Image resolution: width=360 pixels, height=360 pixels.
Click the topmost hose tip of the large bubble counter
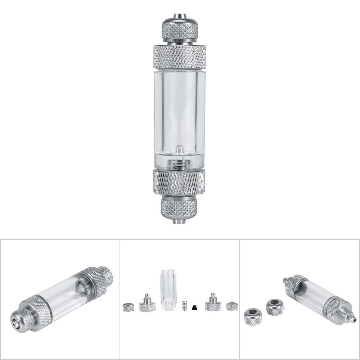click(179, 16)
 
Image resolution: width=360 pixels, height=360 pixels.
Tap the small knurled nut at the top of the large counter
click(179, 31)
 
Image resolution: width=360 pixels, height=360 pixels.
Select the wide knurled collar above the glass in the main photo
click(179, 57)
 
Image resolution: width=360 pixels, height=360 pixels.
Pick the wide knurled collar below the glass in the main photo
click(179, 183)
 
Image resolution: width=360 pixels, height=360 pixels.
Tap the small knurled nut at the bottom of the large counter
click(179, 208)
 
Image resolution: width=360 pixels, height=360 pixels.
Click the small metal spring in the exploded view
click(185, 306)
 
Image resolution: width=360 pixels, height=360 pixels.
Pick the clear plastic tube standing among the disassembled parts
click(166, 290)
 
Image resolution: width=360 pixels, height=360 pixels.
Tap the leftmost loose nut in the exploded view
click(129, 307)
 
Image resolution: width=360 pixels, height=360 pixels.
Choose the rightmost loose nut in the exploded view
click(231, 307)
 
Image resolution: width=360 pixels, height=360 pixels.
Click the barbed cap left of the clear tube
click(147, 304)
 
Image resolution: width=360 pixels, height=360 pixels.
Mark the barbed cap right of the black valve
click(213, 304)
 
